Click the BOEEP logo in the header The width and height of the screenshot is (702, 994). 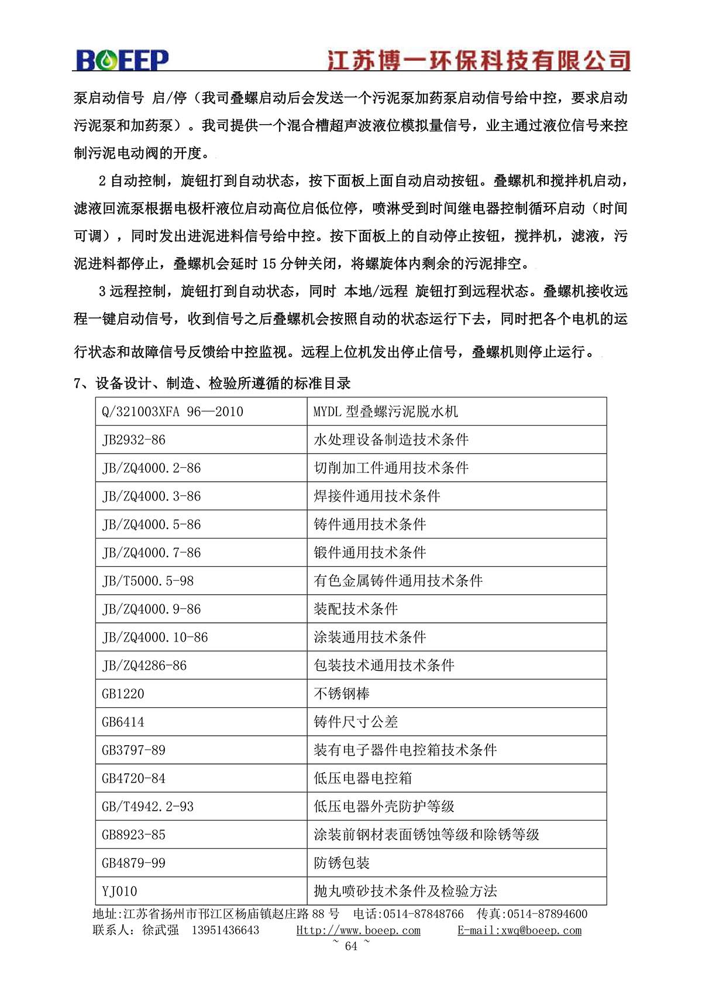point(122,60)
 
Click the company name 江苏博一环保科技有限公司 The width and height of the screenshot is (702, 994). point(478,60)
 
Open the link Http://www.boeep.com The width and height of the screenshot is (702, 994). point(358,930)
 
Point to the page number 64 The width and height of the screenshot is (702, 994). point(351,946)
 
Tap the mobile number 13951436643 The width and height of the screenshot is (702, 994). point(225,930)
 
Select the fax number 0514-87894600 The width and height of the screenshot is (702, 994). point(547,914)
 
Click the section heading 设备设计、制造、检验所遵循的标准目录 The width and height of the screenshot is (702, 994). point(223,383)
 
